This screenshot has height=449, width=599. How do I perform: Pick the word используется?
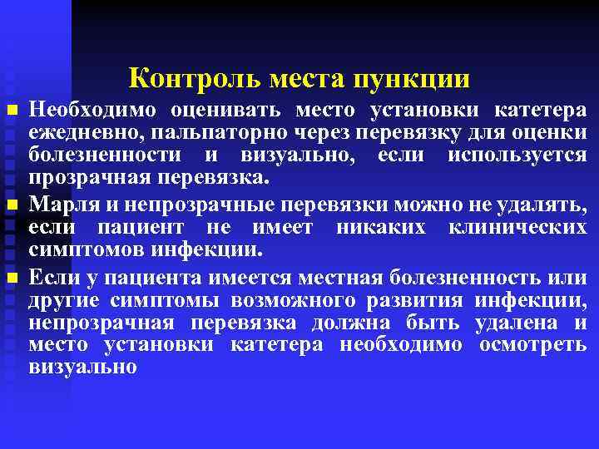coord(517,155)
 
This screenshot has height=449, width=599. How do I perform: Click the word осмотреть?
coord(533,343)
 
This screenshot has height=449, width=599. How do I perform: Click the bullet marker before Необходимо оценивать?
coord(10,111)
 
